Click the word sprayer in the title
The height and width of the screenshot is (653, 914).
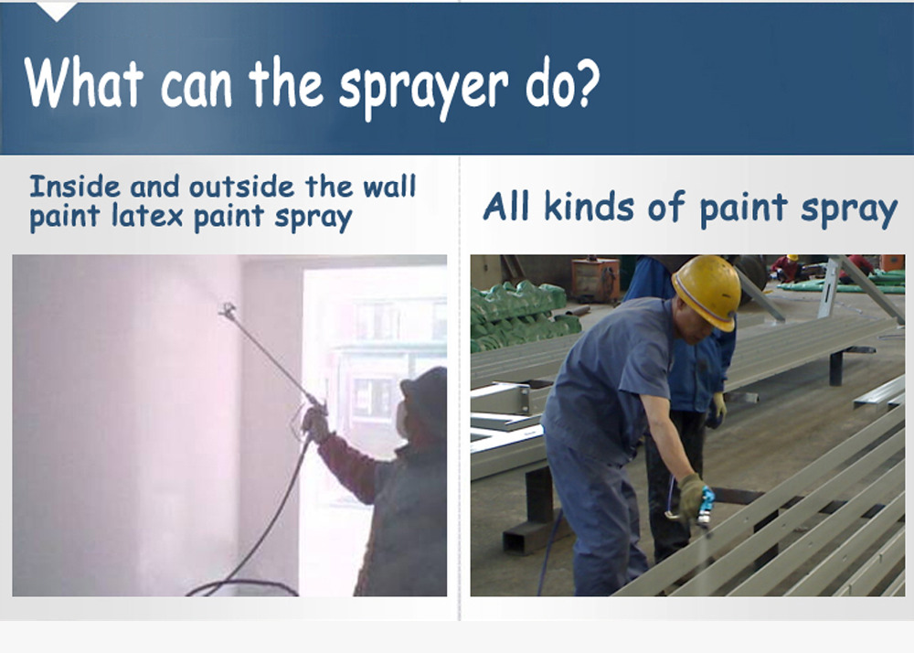tap(423, 88)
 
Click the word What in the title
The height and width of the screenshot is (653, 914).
tap(84, 81)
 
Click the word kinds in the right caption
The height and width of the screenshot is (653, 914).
tap(589, 207)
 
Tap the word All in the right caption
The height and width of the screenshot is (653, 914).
tap(505, 207)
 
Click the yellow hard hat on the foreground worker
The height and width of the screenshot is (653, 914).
tap(707, 292)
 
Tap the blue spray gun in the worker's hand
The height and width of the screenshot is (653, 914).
tap(707, 506)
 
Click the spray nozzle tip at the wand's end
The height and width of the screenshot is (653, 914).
tap(228, 310)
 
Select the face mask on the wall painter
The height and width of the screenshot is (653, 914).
tap(401, 419)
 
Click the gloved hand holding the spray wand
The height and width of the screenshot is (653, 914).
tap(316, 423)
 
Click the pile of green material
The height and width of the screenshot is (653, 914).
tap(522, 315)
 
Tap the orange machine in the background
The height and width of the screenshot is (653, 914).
tap(595, 280)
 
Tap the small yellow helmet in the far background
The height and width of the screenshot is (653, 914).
tap(792, 258)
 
